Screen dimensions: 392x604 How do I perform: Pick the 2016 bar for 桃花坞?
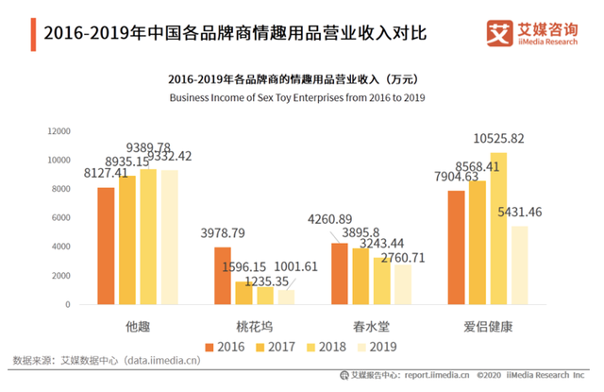223,276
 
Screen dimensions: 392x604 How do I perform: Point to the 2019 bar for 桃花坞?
285,297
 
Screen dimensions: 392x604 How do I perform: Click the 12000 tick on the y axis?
59,131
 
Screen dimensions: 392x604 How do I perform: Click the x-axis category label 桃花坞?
254,327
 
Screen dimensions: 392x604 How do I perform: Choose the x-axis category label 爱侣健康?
490,327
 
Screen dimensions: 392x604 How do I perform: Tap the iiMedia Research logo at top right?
531,32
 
